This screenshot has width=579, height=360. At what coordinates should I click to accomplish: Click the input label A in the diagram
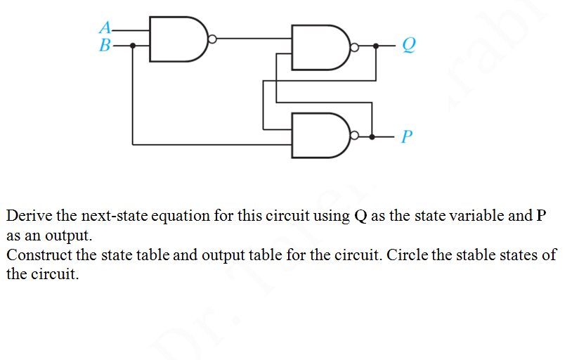105,29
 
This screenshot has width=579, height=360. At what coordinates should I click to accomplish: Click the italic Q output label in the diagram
408,46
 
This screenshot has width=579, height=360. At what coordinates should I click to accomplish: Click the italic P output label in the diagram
407,136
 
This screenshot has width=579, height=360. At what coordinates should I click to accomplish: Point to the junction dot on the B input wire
134,46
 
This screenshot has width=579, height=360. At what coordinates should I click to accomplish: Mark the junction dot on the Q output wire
375,47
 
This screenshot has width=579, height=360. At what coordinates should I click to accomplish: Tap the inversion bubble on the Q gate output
355,48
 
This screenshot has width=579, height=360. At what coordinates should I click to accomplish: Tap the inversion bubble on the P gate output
355,136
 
